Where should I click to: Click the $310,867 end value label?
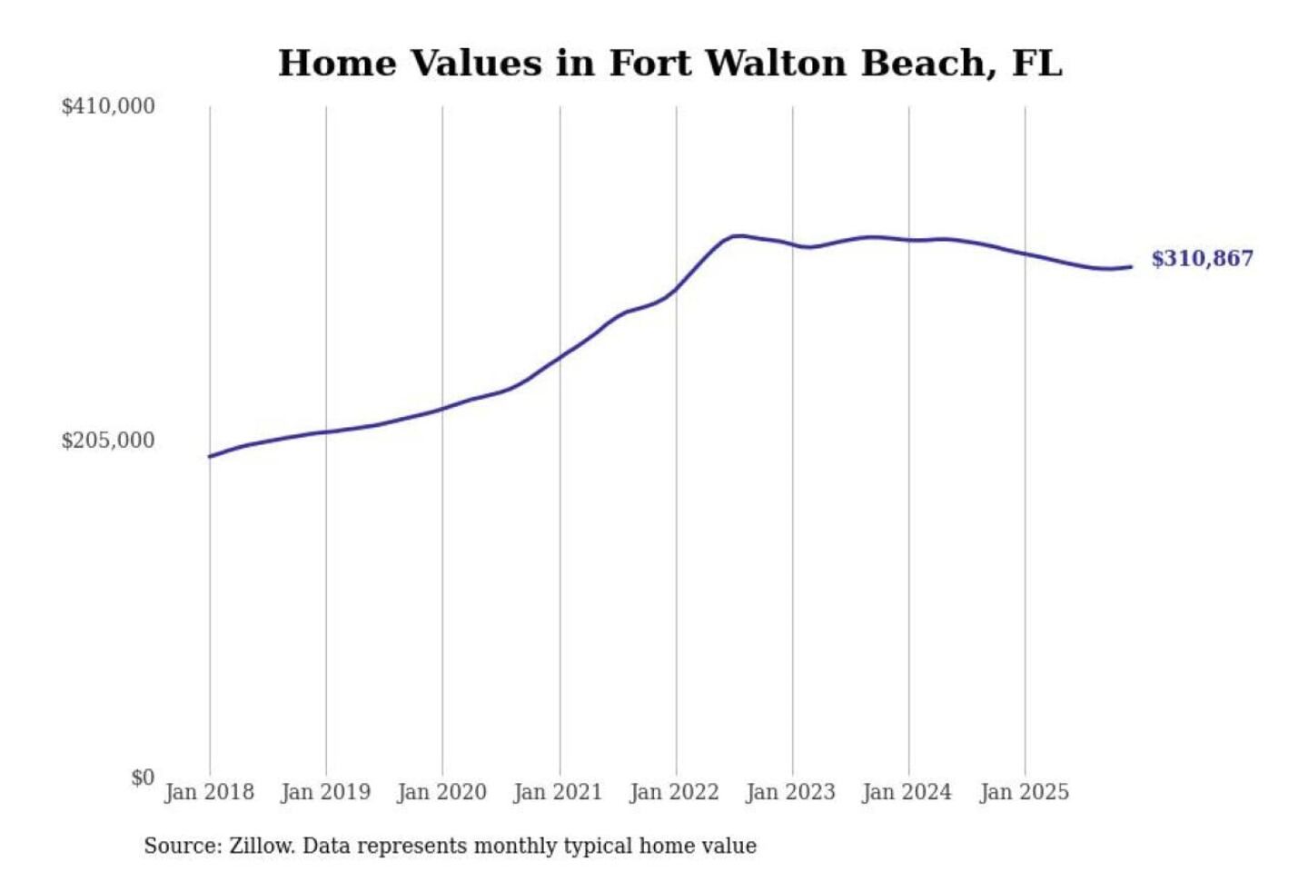pos(1202,259)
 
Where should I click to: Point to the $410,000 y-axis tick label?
pos(108,106)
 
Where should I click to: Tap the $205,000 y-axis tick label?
pos(108,441)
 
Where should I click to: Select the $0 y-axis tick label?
pos(143,778)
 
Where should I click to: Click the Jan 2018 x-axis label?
pos(209,792)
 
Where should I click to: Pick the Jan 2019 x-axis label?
pos(325,792)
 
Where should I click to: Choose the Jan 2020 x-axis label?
pos(441,792)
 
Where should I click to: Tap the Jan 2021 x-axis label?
pos(558,792)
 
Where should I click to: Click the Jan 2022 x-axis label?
pos(674,792)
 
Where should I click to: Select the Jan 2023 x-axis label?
pos(790,792)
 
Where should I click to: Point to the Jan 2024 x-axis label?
pos(907,792)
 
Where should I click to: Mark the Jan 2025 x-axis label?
pos(1024,792)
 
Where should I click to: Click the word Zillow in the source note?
pos(262,846)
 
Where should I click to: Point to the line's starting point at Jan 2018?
pos(210,456)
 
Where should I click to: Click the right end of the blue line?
pos(1131,266)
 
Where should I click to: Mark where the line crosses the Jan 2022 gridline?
pos(676,290)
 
